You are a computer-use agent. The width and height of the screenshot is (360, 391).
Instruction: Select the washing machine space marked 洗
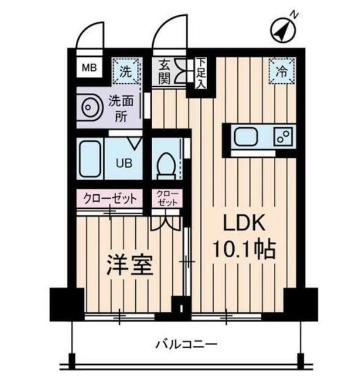click(126, 71)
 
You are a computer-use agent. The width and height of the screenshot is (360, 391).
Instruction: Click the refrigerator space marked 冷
click(282, 70)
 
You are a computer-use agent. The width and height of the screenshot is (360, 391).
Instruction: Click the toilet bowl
click(165, 164)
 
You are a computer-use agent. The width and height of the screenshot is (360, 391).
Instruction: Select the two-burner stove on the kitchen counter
click(283, 137)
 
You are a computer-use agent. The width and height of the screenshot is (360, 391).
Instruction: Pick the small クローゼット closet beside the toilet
click(167, 198)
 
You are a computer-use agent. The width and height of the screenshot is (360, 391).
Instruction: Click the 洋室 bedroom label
click(130, 266)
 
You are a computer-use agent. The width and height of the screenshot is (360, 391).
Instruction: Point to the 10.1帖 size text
click(243, 249)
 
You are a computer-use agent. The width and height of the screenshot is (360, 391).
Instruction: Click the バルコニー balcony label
click(186, 344)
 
